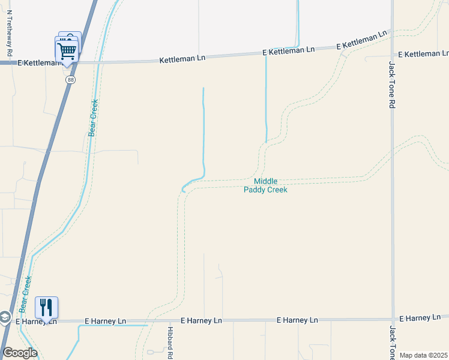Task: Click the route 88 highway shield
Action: click(x=71, y=79)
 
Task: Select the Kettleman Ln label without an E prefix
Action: click(x=182, y=59)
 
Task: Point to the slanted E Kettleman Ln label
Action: click(x=361, y=41)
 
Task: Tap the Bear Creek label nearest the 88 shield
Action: click(x=94, y=118)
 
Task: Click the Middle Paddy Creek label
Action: click(x=265, y=185)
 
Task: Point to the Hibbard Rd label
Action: click(x=170, y=343)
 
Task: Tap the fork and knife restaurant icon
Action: click(x=46, y=307)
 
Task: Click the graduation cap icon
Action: click(x=4, y=317)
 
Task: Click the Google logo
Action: click(x=20, y=353)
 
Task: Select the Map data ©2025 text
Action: click(x=424, y=355)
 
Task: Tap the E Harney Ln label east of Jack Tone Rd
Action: click(x=423, y=317)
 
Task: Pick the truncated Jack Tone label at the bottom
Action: click(x=393, y=343)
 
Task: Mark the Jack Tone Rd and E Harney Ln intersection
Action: click(x=393, y=319)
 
